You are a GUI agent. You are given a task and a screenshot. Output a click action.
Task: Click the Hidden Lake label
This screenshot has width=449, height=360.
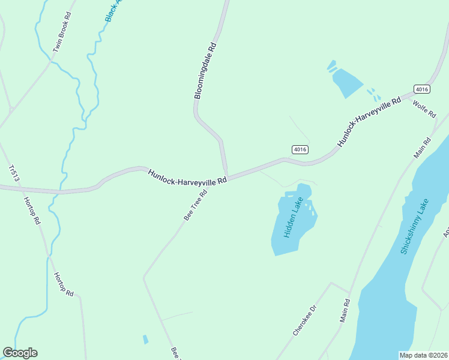click(292, 218)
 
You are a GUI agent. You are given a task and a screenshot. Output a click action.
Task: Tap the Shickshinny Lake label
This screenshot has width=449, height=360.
click(415, 226)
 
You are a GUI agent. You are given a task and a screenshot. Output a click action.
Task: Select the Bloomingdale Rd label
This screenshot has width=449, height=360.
click(205, 71)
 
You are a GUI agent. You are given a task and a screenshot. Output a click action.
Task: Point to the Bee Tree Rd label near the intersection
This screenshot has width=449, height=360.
click(195, 205)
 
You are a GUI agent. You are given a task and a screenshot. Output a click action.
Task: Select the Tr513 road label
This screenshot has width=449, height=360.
click(14, 173)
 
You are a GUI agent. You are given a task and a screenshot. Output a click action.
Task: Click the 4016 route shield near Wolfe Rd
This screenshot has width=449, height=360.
click(422, 89)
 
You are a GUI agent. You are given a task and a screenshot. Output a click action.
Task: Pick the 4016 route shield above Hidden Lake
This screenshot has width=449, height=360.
click(300, 149)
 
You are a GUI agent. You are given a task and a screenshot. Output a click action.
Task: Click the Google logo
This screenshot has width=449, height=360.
click(20, 353)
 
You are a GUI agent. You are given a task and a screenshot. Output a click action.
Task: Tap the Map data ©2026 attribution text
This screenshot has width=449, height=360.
click(423, 355)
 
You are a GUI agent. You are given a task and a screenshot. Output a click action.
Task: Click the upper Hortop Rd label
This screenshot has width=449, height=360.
click(32, 210)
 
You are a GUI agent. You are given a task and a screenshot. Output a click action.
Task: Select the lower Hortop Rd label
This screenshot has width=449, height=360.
click(64, 284)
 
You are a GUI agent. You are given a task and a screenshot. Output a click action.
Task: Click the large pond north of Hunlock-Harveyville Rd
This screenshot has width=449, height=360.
click(346, 82)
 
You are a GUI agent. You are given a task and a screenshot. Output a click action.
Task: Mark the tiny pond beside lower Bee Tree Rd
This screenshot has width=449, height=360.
click(145, 339)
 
